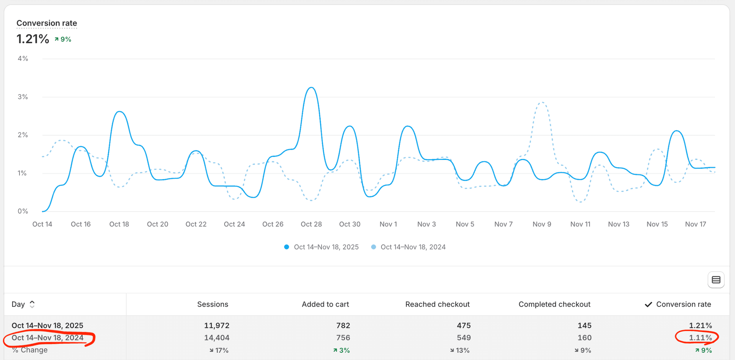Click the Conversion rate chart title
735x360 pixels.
[x=47, y=23]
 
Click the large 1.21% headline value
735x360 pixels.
[x=33, y=39]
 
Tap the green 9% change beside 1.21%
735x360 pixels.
[x=63, y=39]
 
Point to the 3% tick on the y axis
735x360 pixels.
[x=23, y=97]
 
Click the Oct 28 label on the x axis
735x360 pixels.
[x=311, y=224]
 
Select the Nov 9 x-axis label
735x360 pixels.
[x=542, y=224]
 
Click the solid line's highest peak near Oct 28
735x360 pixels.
[x=312, y=88]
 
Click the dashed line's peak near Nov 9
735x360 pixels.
[x=542, y=103]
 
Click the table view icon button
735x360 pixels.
[x=716, y=280]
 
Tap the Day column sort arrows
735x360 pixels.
[x=32, y=304]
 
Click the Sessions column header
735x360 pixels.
[x=212, y=304]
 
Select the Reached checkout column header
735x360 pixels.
[x=437, y=304]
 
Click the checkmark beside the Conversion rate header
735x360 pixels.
[x=648, y=305]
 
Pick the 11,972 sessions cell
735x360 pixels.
[x=217, y=326]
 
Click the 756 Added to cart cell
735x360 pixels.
[x=343, y=338]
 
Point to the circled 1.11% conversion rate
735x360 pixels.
[x=700, y=338]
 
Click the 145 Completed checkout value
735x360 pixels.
[x=584, y=326]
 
